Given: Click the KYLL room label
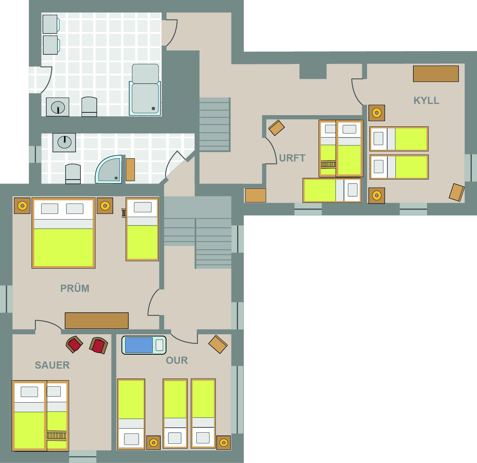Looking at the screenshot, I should [x=426, y=100].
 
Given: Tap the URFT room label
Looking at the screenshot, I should [x=292, y=158].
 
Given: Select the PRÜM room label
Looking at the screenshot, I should [x=75, y=288].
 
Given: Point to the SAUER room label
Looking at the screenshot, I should [x=52, y=365].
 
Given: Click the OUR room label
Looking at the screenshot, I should [x=177, y=360].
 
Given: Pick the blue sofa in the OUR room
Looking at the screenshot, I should [x=144, y=345].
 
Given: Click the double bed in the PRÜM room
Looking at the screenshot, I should [x=64, y=233].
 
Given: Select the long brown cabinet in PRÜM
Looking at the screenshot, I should [x=97, y=321].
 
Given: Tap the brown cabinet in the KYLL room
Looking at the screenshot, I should [x=436, y=74].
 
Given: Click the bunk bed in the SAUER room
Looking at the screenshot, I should [x=40, y=415].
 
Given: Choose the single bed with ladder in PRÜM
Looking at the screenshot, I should [x=142, y=230].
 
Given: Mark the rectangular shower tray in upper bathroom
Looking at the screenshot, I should [x=145, y=98].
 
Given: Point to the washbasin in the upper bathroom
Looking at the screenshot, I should [x=58, y=107].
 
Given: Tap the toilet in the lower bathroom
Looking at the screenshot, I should [x=73, y=174].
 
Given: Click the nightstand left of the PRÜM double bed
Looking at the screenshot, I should [x=22, y=206].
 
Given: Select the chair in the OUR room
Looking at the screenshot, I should [x=218, y=344].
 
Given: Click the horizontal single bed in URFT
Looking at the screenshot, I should [x=332, y=190].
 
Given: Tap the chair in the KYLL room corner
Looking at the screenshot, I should [x=457, y=192].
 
